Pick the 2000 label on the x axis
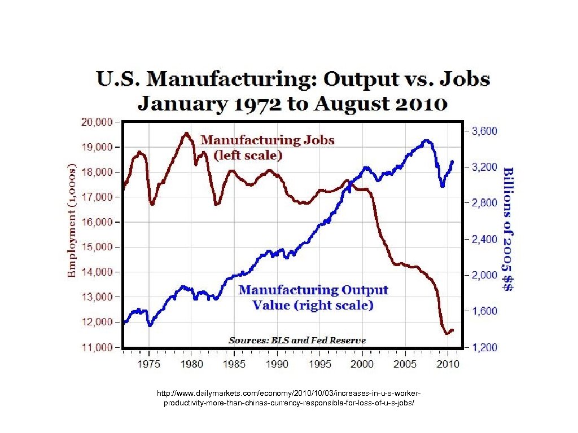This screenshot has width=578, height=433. pyautogui.click(x=362, y=364)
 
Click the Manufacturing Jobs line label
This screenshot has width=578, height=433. pyautogui.click(x=268, y=146)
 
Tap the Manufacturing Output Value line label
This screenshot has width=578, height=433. pyautogui.click(x=313, y=297)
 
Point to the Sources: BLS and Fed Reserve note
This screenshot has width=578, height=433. pyautogui.click(x=297, y=340)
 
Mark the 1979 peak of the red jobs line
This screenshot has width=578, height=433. pyautogui.click(x=186, y=134)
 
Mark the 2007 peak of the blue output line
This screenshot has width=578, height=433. pyautogui.click(x=427, y=141)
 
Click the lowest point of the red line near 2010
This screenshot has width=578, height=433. pyautogui.click(x=448, y=333)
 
